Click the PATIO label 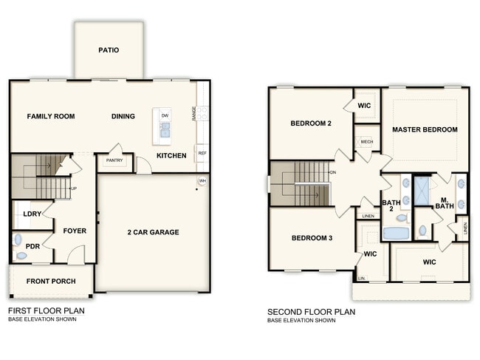109,50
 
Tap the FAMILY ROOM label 52,116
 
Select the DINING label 123,116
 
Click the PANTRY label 114,160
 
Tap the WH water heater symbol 202,181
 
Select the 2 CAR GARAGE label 154,232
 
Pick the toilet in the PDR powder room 21,255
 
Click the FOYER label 75,231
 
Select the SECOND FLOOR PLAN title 311,312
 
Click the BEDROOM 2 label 310,123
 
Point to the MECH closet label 366,141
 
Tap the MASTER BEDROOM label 425,129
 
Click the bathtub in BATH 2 396,234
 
